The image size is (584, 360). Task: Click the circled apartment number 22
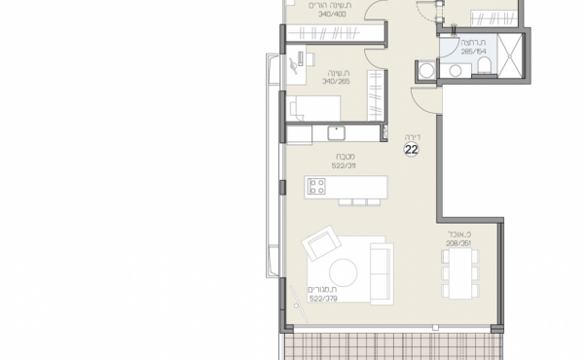coord(412,150)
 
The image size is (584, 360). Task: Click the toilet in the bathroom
coord(484,67)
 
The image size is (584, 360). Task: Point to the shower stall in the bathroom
coord(511,58)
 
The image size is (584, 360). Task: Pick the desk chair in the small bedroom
coord(293,63)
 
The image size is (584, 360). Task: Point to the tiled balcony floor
coord(394,342)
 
